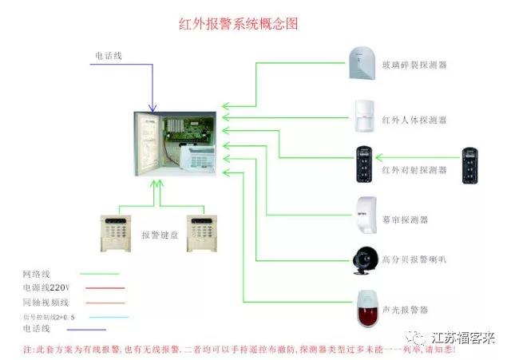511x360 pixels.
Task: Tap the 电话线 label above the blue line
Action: tap(109, 55)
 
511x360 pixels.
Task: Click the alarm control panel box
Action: tap(174, 144)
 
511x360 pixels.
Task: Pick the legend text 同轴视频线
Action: tap(46, 302)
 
